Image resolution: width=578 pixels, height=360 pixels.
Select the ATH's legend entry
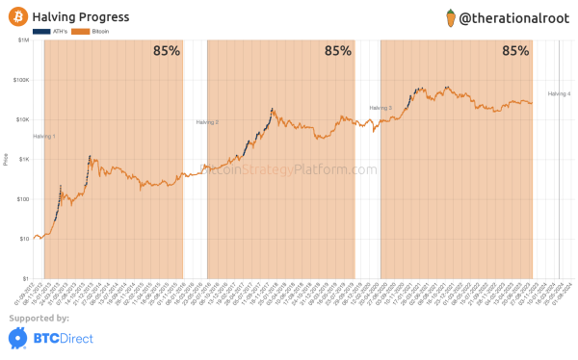click(45, 32)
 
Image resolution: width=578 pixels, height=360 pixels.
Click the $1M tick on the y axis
click(21, 40)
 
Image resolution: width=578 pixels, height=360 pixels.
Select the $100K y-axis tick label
click(19, 80)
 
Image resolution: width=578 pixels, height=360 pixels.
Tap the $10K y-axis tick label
click(20, 120)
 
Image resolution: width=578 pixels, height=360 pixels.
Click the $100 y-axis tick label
click(21, 199)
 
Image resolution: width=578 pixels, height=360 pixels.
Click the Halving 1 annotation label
click(44, 137)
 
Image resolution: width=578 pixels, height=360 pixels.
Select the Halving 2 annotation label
click(207, 122)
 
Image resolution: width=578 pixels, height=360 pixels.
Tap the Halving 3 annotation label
click(381, 108)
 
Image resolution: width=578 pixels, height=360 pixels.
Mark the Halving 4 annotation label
click(559, 93)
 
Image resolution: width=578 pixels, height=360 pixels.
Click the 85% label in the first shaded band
click(166, 52)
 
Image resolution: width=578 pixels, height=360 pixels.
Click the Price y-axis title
click(6, 160)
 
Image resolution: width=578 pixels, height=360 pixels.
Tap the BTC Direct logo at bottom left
click(43, 338)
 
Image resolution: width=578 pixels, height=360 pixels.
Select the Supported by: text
click(39, 318)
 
